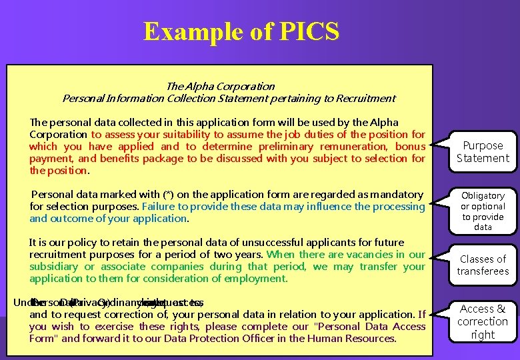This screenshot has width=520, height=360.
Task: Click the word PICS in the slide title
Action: tap(309, 31)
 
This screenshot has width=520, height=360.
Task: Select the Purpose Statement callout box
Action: tap(482, 152)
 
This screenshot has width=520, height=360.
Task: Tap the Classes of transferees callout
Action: tap(483, 265)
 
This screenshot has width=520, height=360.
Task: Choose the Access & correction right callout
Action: tap(483, 321)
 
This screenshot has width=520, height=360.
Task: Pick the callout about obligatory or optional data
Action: tap(483, 211)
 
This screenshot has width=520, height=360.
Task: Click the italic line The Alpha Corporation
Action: tap(220, 86)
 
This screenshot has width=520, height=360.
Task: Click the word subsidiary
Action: tap(55, 267)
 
